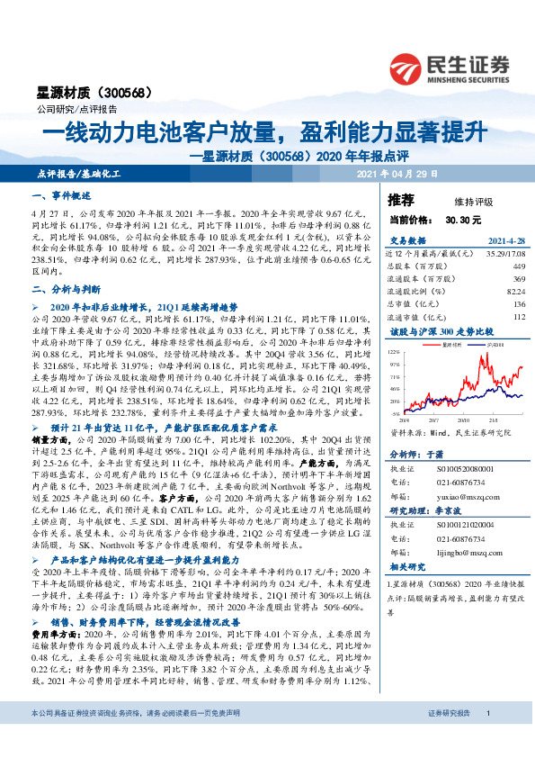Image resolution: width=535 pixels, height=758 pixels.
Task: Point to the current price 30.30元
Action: click(463, 219)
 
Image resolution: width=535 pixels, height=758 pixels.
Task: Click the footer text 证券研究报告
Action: click(449, 739)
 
